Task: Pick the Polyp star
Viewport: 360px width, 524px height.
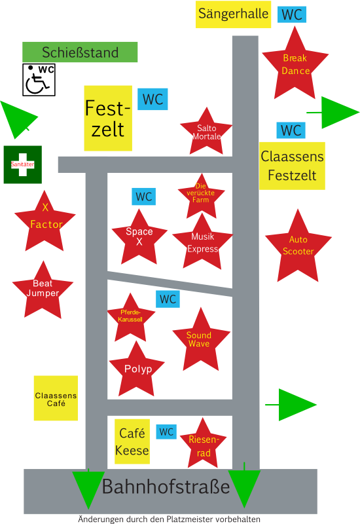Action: tap(137, 371)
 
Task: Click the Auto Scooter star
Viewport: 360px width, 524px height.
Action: tap(298, 248)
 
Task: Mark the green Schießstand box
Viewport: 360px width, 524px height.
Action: tap(80, 52)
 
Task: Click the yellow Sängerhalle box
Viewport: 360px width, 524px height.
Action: tap(233, 14)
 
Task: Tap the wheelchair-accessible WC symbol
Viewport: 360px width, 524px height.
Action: tap(39, 80)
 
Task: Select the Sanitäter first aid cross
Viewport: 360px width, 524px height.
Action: tap(23, 164)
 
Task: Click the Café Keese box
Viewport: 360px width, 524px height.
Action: tap(132, 441)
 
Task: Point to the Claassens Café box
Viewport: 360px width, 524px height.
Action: tap(56, 398)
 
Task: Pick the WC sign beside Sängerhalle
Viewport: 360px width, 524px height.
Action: tap(292, 14)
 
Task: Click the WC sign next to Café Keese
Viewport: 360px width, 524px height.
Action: tap(166, 432)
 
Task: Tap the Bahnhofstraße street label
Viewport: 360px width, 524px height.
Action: tap(166, 487)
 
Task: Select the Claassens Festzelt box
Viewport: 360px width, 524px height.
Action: tap(292, 166)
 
